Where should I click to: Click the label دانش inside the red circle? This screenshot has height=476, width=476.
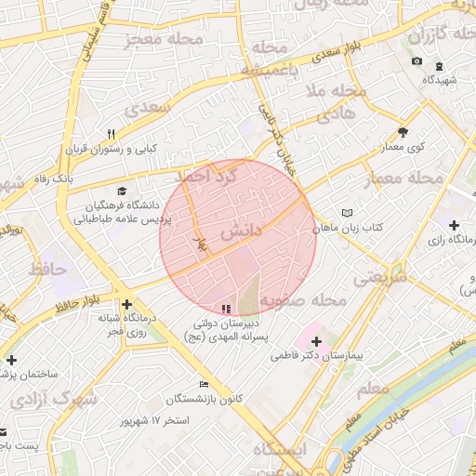coord(240,228)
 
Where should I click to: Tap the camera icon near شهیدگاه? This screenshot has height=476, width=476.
coord(416,62)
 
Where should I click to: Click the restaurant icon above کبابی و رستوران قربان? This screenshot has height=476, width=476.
coord(112,133)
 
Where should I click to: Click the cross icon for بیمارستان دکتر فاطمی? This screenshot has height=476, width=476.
coord(316,340)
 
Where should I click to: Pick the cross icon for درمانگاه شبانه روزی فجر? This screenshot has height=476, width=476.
coord(127,304)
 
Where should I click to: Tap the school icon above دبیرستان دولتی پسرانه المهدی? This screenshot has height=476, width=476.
coord(225,309)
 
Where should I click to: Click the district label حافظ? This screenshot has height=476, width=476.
coord(49,270)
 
